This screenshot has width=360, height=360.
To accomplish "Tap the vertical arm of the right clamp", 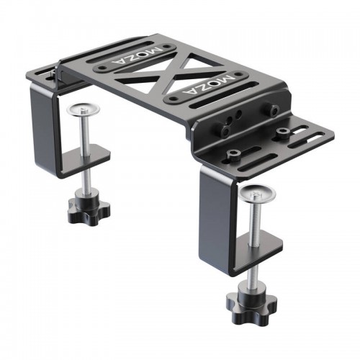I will [214, 216].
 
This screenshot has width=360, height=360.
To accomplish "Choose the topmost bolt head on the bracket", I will [275, 110].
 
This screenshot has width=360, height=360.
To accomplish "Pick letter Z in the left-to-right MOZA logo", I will [210, 85].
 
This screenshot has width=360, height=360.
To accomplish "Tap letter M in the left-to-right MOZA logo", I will [229, 76].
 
